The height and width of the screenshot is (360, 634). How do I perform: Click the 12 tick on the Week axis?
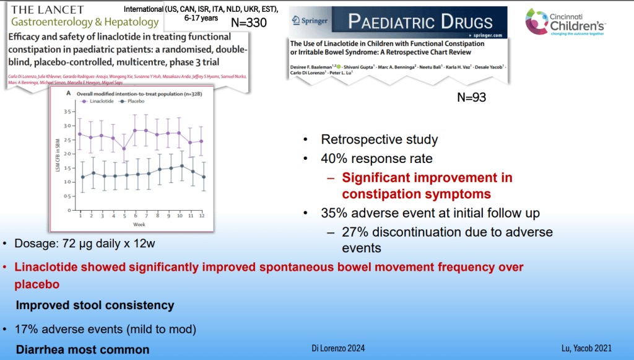tap(202, 215)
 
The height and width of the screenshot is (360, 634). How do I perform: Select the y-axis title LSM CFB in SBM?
tap(57, 162)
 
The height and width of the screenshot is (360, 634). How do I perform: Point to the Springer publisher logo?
tap(312, 21)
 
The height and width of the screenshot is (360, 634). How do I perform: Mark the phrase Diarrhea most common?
tap(82, 349)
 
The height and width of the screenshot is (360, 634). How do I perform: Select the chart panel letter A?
tap(67, 93)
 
